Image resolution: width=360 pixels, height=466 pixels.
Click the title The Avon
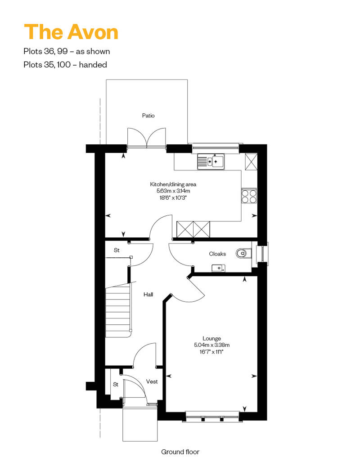point(71,32)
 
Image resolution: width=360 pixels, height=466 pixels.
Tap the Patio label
point(148,116)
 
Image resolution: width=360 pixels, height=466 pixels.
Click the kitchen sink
point(211,161)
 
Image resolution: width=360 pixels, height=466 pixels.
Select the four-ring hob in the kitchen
point(249,196)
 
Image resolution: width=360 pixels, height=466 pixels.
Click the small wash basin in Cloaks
point(218,268)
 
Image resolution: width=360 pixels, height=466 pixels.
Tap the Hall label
point(148,295)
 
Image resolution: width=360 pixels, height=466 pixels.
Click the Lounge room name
point(211,339)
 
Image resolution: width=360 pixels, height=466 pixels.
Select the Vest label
point(152,381)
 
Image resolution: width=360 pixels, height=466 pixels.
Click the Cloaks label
point(217,254)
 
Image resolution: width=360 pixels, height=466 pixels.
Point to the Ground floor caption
point(180,452)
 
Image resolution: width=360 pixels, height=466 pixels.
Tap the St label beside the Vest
point(116,385)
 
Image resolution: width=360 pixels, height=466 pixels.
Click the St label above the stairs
point(117,250)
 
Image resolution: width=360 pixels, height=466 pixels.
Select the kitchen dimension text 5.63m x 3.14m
point(173,191)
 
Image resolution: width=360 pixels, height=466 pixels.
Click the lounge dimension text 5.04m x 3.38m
point(211,345)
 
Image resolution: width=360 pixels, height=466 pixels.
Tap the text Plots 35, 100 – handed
point(65,64)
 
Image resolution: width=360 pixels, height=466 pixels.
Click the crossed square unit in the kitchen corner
point(251,161)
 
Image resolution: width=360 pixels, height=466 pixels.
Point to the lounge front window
point(212,416)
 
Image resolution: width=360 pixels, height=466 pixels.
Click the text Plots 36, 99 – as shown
point(67,51)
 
